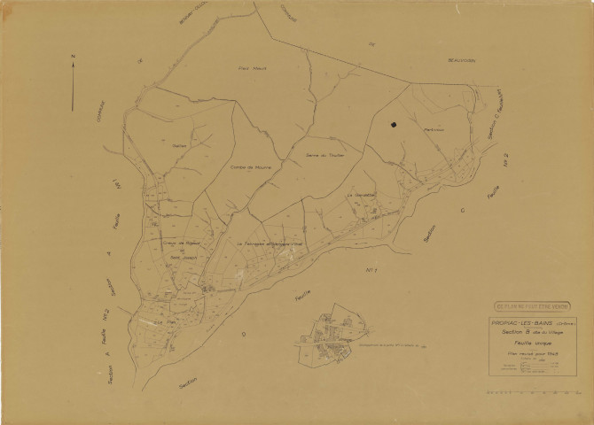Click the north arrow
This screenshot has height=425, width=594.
73,84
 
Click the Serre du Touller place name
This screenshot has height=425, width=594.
323,155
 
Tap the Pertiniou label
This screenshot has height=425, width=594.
434,131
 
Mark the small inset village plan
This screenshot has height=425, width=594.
330,336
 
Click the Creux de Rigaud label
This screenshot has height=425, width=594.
180,243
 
